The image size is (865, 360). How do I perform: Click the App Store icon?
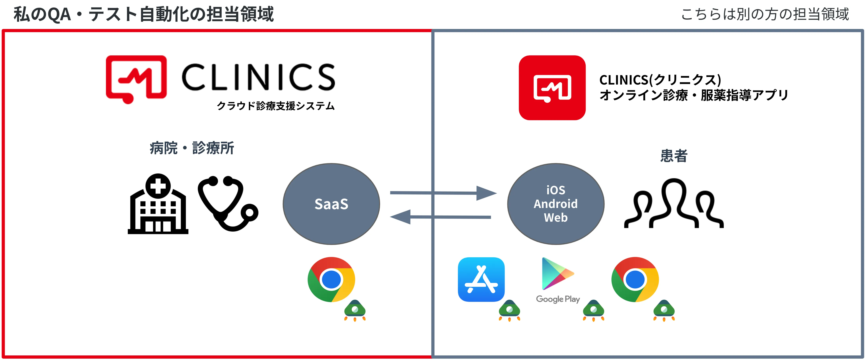tap(481, 279)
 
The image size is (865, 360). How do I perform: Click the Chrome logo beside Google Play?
tap(635, 279)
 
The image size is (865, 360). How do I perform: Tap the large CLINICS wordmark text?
tap(258, 77)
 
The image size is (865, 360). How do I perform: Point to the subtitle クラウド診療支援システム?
tap(275, 106)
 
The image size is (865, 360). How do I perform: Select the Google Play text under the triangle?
tap(558, 299)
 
